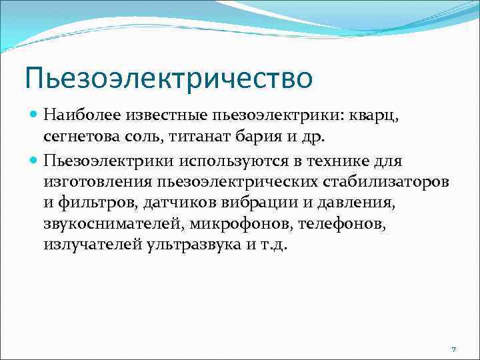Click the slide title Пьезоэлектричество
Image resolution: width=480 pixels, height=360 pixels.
(168, 77)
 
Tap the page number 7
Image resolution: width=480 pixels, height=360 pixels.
(453, 349)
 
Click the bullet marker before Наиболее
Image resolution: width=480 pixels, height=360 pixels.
(35, 114)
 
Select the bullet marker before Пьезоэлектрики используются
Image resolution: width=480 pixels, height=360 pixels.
(35, 161)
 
